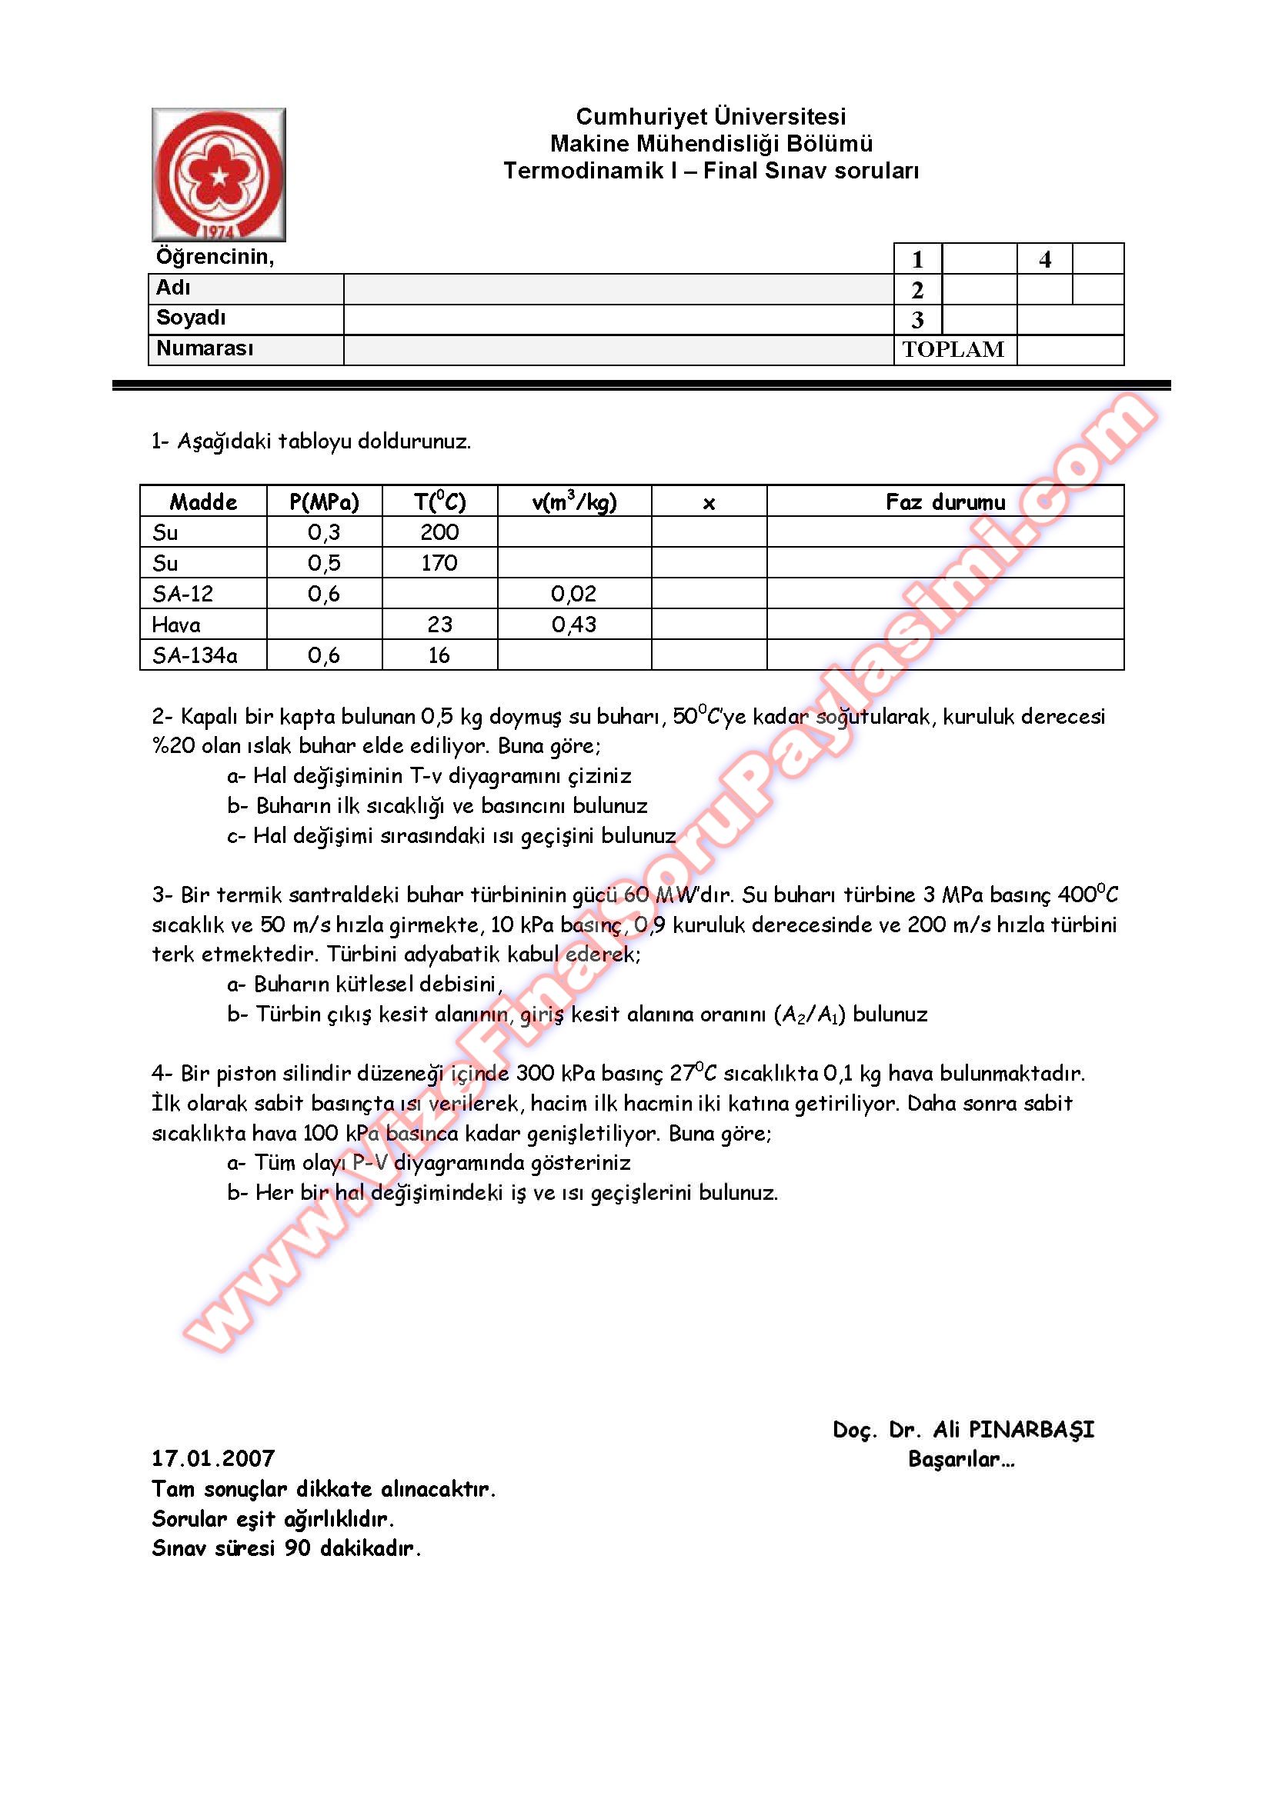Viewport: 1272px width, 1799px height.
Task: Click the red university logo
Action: pos(219,174)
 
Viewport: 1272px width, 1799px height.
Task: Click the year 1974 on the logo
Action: pos(219,232)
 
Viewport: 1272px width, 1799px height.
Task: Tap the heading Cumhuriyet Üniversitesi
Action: pos(711,117)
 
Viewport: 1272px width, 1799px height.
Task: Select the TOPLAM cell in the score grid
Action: pos(953,349)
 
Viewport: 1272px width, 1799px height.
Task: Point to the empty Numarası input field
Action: pos(618,349)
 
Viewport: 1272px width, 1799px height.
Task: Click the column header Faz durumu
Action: pos(944,501)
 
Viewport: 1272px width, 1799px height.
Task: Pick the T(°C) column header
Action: pos(439,501)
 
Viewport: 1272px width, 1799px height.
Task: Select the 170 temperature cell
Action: pos(439,562)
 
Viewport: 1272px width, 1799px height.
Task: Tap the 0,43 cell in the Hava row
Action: pos(574,625)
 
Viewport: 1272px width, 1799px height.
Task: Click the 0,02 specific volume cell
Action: pos(574,593)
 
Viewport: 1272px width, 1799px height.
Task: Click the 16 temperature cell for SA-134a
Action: pos(439,655)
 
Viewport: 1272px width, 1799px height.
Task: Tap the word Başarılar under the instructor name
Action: pos(960,1459)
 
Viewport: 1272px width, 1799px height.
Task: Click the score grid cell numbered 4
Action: pos(1045,259)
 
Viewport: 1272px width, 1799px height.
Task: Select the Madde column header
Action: pos(203,501)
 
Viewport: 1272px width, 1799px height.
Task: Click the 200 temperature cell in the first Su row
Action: pos(439,532)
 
